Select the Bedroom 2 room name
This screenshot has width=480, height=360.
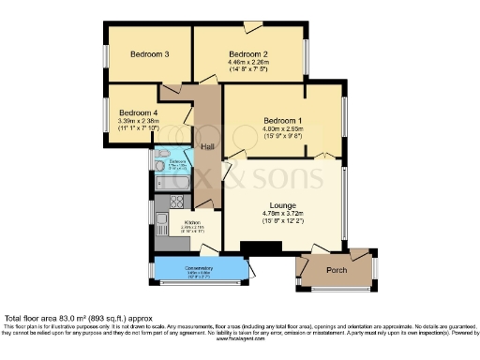pyautogui.click(x=249, y=54)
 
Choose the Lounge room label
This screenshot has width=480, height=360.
pyautogui.click(x=282, y=205)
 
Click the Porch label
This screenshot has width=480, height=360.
pyautogui.click(x=336, y=270)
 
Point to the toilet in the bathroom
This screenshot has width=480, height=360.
pyautogui.click(x=162, y=155)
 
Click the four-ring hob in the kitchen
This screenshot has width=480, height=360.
pyautogui.click(x=173, y=202)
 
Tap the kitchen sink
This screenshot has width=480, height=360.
pyautogui.click(x=162, y=223)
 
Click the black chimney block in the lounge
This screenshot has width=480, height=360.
pyautogui.click(x=261, y=247)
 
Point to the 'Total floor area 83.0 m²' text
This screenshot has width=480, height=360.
pyautogui.click(x=56, y=319)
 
